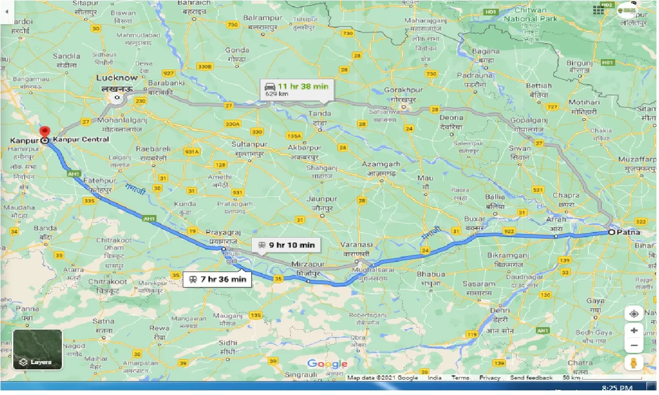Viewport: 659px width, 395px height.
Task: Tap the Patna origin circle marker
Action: click(x=611, y=232)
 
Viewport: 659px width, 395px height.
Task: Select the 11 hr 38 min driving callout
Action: click(x=297, y=89)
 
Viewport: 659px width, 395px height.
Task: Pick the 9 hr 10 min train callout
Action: click(x=286, y=245)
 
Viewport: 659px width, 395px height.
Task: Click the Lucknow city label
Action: click(x=117, y=78)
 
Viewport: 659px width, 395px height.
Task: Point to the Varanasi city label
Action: click(x=357, y=245)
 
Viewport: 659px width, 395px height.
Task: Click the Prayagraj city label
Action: click(x=223, y=232)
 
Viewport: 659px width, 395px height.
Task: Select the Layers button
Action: click(x=38, y=350)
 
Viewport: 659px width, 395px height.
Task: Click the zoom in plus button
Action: click(x=634, y=331)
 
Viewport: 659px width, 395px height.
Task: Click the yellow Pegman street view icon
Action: click(x=634, y=363)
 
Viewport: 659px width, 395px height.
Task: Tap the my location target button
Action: click(x=634, y=313)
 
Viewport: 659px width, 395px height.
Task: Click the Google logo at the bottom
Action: click(x=327, y=364)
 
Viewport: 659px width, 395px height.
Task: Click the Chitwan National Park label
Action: click(x=531, y=14)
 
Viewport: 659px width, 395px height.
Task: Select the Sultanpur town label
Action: click(x=248, y=145)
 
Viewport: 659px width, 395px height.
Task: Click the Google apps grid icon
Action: click(x=598, y=10)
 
